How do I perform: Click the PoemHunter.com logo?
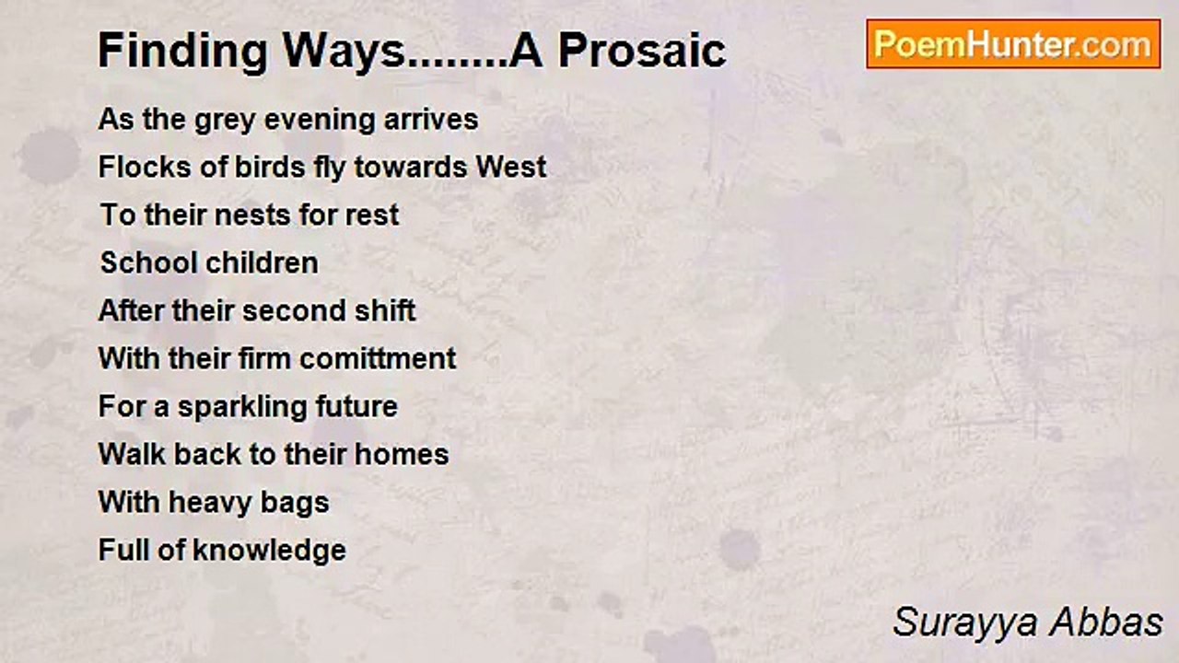pos(1013,44)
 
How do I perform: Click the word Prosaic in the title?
pos(642,51)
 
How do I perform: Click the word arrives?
pos(431,120)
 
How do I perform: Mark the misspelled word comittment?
pos(378,359)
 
